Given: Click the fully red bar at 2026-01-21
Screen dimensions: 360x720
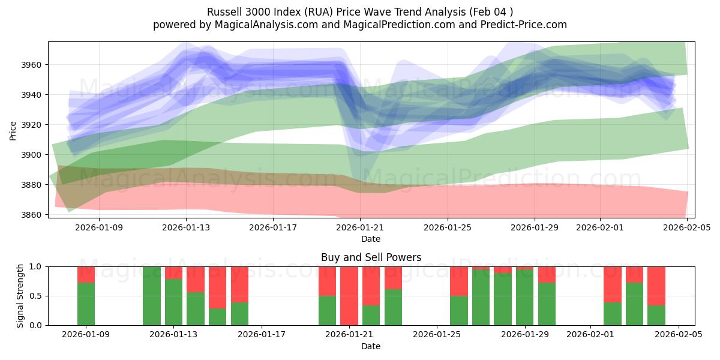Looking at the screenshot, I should click(x=349, y=296).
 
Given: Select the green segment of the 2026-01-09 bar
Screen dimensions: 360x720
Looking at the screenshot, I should click(x=86, y=304).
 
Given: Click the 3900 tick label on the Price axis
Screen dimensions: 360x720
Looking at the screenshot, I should click(x=32, y=155).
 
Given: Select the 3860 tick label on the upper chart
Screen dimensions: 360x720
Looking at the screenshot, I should click(x=32, y=215).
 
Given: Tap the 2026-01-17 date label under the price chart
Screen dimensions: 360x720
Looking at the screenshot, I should click(x=273, y=227).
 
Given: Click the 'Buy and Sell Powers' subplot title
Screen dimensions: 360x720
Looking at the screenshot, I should click(x=371, y=257).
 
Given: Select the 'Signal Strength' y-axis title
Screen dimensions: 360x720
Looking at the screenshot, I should click(x=20, y=296).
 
